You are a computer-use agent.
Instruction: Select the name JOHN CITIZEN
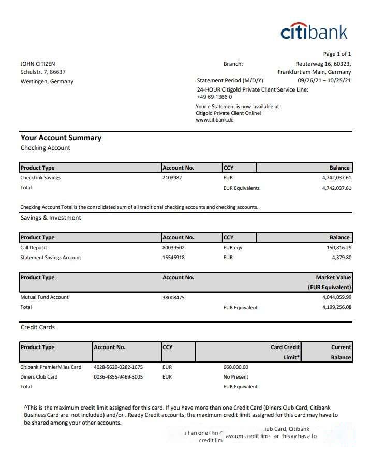[x=38, y=64]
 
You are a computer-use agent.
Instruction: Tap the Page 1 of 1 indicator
[x=337, y=54]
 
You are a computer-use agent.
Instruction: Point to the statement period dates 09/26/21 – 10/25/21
[x=324, y=81]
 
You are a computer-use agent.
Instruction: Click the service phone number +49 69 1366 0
[x=214, y=97]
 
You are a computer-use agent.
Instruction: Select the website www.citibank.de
[x=215, y=119]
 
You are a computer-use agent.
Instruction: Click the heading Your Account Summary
[x=61, y=138]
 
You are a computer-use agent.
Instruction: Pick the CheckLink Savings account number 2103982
[x=172, y=177]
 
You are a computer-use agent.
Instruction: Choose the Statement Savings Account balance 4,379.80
[x=340, y=257]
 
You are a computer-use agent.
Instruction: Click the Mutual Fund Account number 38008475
[x=173, y=297]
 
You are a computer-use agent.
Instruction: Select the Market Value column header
[x=333, y=278]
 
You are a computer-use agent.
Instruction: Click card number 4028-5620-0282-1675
[x=119, y=367]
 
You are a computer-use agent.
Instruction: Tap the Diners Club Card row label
[x=39, y=377]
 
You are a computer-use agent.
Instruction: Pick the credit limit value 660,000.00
[x=235, y=367]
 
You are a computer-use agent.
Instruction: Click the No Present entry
[x=235, y=377]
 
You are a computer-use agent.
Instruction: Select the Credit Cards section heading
[x=38, y=327]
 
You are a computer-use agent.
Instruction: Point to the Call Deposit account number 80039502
[x=173, y=248]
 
